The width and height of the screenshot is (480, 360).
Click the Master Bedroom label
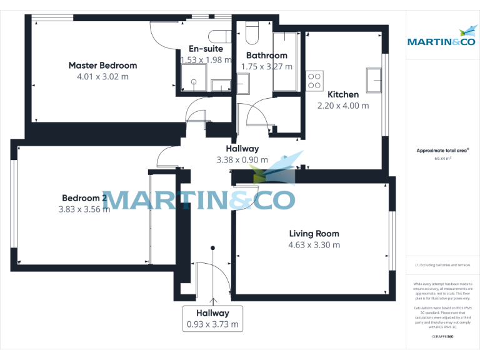(x=102, y=65)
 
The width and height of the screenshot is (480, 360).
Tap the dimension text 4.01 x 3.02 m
(x=102, y=77)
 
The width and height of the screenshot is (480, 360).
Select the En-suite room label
(x=206, y=49)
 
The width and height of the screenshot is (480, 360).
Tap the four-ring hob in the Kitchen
(x=314, y=81)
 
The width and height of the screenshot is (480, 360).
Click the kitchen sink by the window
(x=375, y=80)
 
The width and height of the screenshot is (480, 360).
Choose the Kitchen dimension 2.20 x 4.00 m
(x=343, y=106)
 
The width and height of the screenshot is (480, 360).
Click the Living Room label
(x=314, y=234)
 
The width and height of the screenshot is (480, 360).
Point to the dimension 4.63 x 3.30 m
(x=314, y=245)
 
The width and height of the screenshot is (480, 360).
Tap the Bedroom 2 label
(x=84, y=197)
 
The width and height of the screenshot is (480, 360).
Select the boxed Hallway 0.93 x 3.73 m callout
(x=212, y=319)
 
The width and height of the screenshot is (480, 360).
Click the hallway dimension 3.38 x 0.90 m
(x=242, y=159)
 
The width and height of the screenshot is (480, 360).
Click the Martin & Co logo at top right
(x=441, y=37)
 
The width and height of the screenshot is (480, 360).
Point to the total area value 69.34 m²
(x=442, y=159)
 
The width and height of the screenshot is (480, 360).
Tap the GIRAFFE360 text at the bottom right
(x=442, y=336)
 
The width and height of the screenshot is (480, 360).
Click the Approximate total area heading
(x=442, y=151)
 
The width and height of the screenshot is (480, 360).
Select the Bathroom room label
(x=267, y=56)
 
